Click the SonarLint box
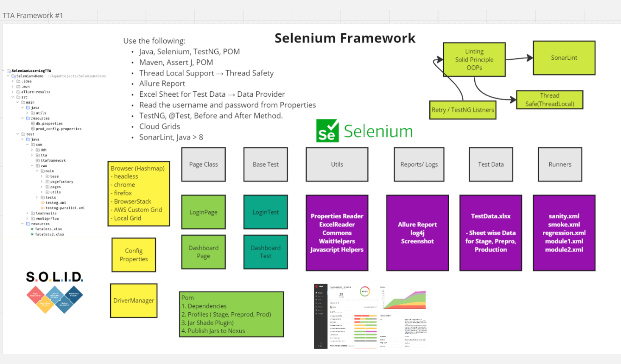click(x=564, y=58)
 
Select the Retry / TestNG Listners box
click(x=462, y=110)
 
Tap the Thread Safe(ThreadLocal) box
click(x=549, y=100)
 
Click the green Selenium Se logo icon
click(x=327, y=131)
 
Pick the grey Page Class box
click(x=203, y=165)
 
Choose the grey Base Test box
click(x=266, y=165)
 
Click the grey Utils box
click(x=337, y=165)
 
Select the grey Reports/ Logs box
click(x=419, y=165)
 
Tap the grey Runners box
click(x=559, y=165)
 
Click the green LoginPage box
click(x=203, y=212)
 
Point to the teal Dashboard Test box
click(x=266, y=252)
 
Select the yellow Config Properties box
click(x=134, y=255)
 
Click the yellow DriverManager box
click(x=134, y=301)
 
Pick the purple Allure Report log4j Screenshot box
click(x=417, y=233)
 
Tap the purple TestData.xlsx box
click(x=490, y=233)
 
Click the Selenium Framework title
click(x=345, y=38)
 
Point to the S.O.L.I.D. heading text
click(x=54, y=277)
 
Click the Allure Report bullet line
click(x=162, y=84)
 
